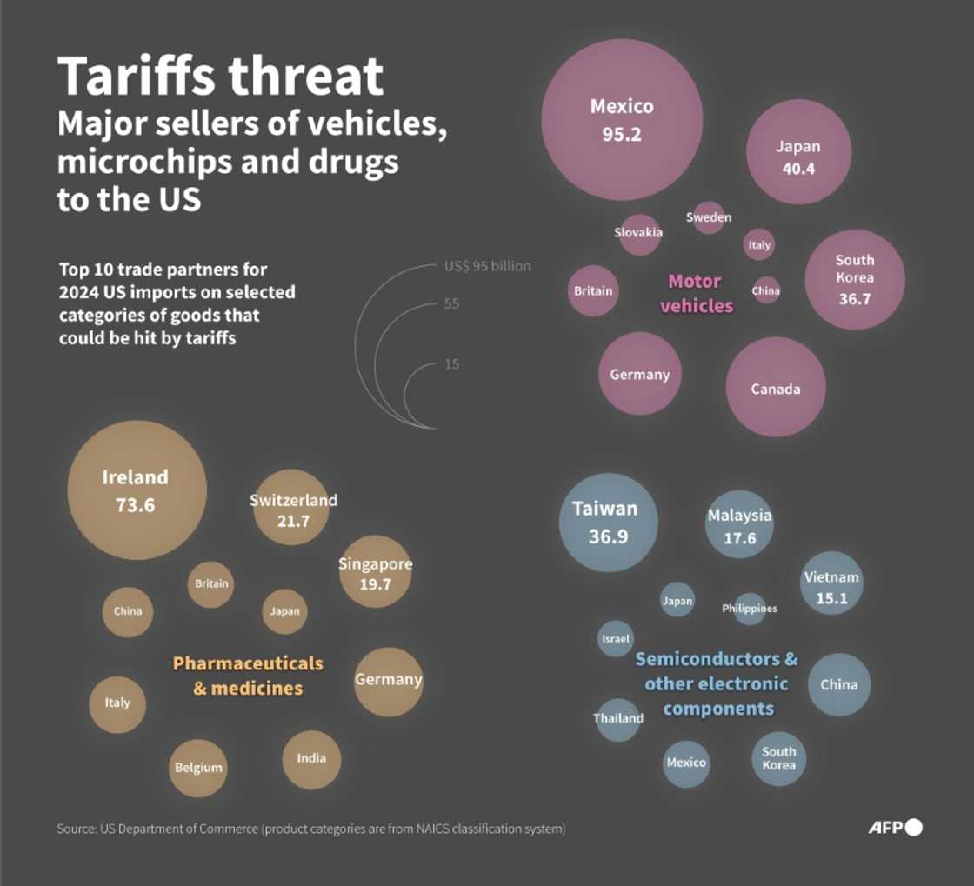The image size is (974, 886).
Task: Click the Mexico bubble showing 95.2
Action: pyautogui.click(x=622, y=120)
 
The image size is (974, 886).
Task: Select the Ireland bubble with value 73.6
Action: pyautogui.click(x=137, y=490)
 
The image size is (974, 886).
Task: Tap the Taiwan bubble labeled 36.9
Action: pyautogui.click(x=608, y=522)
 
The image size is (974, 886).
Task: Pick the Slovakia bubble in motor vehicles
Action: pyautogui.click(x=639, y=233)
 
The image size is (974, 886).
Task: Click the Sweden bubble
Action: pyautogui.click(x=709, y=217)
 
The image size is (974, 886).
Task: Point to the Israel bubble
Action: pyautogui.click(x=615, y=638)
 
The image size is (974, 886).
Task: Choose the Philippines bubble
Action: pyautogui.click(x=749, y=608)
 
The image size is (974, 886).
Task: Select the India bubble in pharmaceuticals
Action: pyautogui.click(x=311, y=758)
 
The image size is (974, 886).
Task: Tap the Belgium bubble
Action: pyautogui.click(x=198, y=767)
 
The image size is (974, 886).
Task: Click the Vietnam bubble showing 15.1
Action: pyautogui.click(x=831, y=586)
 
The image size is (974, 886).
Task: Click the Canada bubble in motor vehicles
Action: pyautogui.click(x=775, y=388)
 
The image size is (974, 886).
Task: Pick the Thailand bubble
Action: pyautogui.click(x=618, y=718)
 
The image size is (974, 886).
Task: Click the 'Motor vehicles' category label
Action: pyautogui.click(x=696, y=293)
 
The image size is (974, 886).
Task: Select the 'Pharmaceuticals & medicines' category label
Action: pyautogui.click(x=248, y=676)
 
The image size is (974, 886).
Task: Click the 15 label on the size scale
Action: pyautogui.click(x=452, y=364)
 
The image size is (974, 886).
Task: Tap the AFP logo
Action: pyautogui.click(x=895, y=827)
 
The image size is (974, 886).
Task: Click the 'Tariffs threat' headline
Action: pyautogui.click(x=221, y=77)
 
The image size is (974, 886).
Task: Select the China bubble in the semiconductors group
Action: pyautogui.click(x=838, y=684)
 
